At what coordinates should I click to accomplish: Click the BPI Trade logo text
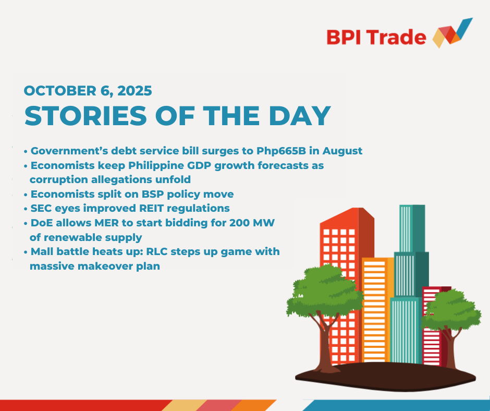click(x=376, y=37)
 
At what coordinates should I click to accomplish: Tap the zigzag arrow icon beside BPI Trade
click(x=452, y=33)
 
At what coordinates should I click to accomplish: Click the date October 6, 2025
click(x=88, y=91)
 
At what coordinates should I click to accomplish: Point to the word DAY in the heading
click(x=300, y=116)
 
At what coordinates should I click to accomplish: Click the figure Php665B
click(x=281, y=151)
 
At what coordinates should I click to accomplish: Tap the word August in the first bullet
click(x=342, y=151)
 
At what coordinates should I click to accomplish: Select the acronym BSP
click(x=153, y=194)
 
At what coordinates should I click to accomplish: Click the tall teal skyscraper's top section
click(x=412, y=228)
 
